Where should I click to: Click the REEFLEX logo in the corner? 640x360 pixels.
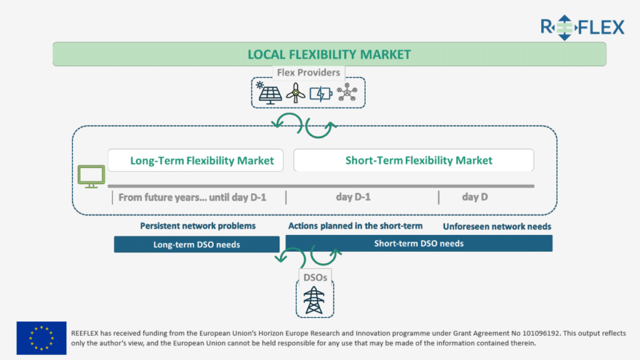click(x=582, y=27)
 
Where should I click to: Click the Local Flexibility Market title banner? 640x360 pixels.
click(x=329, y=54)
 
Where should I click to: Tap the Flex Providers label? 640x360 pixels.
click(x=309, y=72)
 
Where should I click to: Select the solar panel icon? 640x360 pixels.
click(x=269, y=93)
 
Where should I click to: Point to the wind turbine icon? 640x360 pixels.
click(x=296, y=93)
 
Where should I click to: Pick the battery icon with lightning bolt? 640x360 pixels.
click(x=321, y=94)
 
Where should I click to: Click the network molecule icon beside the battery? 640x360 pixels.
click(x=347, y=92)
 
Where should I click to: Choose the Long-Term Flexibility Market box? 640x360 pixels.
click(x=196, y=161)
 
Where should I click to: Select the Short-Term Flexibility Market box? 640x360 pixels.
click(x=414, y=161)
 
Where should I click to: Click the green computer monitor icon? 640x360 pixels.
click(x=91, y=176)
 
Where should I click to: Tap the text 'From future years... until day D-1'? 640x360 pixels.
click(x=192, y=197)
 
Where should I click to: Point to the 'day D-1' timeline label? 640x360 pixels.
click(x=353, y=197)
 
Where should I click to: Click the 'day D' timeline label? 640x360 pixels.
click(x=475, y=197)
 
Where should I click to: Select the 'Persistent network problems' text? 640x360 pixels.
click(x=198, y=226)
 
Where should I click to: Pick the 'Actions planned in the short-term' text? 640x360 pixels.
click(x=356, y=226)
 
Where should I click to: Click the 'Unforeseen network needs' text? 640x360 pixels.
click(x=497, y=226)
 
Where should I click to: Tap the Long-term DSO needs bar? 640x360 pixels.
click(x=197, y=244)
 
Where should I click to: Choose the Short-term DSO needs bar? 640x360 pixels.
click(x=419, y=243)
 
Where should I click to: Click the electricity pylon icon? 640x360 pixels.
click(x=314, y=300)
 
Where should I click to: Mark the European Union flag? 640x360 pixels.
click(x=41, y=338)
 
